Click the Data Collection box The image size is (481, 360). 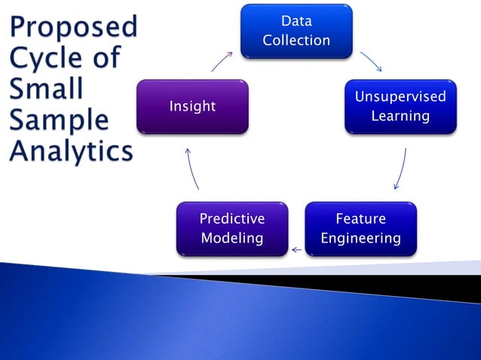point(296,31)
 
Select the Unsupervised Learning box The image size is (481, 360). point(400,106)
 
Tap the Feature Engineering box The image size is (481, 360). point(360,228)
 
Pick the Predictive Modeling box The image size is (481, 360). point(231,228)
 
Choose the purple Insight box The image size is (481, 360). point(192,106)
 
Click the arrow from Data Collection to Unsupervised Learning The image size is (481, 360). point(372,62)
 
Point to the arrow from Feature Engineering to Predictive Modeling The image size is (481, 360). point(297,249)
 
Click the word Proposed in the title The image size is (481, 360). point(74,28)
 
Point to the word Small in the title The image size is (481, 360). point(46,90)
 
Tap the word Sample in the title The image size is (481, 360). point(59,121)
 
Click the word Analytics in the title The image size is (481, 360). point(71,151)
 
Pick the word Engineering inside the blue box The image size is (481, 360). point(360,238)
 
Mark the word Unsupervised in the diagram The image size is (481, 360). point(400,97)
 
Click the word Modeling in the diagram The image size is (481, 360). point(231,238)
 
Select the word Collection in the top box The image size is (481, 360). point(296,41)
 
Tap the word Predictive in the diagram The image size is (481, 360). point(231,219)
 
